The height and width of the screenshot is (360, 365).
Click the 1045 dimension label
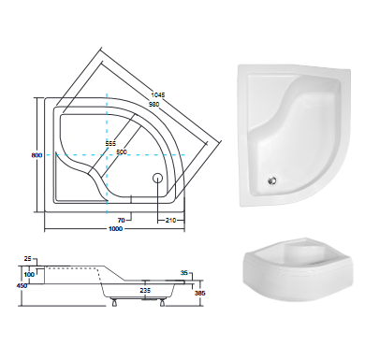point(157,94)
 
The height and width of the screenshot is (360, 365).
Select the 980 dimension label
point(153,104)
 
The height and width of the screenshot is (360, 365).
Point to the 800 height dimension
point(36,155)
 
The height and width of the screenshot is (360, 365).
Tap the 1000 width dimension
point(115,229)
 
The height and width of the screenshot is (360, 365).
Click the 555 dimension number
point(110,144)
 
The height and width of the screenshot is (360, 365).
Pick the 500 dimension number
point(122,151)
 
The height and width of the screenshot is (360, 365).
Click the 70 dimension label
point(122,221)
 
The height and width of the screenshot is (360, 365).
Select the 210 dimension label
point(170,221)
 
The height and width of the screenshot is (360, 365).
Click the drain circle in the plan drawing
point(157,179)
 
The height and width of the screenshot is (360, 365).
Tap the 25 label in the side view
point(27,259)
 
